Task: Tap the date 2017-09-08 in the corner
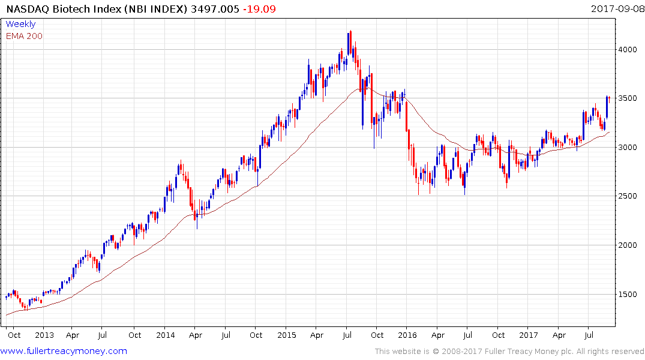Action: click(x=616, y=9)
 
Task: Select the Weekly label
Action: click(x=20, y=24)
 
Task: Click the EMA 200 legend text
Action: click(x=24, y=36)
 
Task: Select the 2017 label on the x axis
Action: click(x=529, y=335)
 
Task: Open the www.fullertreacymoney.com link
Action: click(x=64, y=351)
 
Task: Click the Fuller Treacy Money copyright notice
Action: click(x=509, y=352)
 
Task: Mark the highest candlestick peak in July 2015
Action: click(x=350, y=31)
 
